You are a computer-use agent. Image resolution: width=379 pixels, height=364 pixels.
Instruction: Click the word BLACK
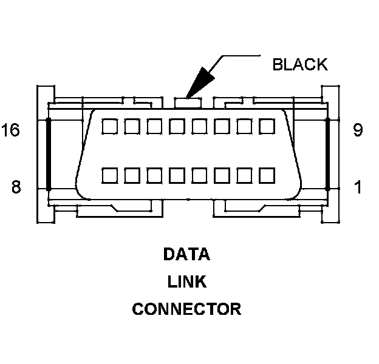[300, 64]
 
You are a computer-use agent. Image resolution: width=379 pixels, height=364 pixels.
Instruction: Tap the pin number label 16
[10, 130]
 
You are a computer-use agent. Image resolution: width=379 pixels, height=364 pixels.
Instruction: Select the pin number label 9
[358, 130]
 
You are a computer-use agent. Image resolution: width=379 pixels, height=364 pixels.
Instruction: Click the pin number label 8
[16, 187]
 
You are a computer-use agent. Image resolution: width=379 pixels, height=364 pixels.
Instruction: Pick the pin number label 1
[358, 187]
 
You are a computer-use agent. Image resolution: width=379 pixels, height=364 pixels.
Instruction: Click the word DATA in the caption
[186, 254]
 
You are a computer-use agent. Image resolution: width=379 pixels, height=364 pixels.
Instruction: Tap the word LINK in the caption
[187, 281]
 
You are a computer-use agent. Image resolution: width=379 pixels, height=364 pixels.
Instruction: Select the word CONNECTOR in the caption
[186, 309]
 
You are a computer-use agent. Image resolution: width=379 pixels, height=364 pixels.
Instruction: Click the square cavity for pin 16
[109, 126]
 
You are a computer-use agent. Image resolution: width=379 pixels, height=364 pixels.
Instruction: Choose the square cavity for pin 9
[267, 126]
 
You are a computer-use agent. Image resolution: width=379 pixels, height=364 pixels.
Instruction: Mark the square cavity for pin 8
[109, 175]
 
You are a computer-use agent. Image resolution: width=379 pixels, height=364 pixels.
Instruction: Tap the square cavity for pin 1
[267, 175]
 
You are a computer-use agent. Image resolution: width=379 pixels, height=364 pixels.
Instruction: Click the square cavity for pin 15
[132, 126]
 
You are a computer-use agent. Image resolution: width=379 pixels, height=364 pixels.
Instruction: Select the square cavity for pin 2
[245, 175]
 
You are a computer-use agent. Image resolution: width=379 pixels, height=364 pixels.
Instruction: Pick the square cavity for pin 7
[132, 175]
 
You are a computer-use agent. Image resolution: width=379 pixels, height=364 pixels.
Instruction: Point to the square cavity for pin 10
[245, 126]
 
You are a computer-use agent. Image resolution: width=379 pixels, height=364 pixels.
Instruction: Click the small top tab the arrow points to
[188, 103]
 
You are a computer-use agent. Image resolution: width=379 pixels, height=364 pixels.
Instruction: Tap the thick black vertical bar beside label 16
[49, 154]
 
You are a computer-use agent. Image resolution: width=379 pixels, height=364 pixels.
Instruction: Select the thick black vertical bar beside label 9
[328, 154]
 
